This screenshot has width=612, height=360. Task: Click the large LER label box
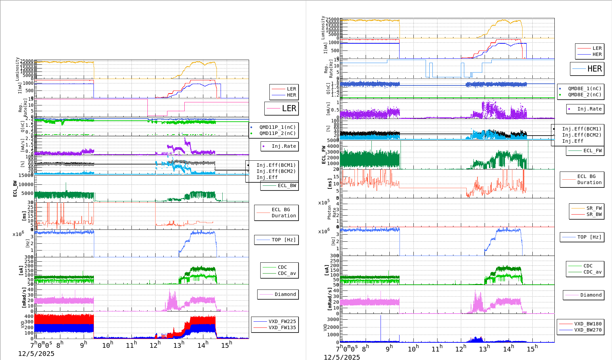coord(281,108)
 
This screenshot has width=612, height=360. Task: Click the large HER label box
coord(587,69)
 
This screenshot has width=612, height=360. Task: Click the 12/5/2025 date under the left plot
coord(36,354)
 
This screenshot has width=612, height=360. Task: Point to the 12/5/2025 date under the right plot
coord(342,357)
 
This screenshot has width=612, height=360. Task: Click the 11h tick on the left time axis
coord(131,345)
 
